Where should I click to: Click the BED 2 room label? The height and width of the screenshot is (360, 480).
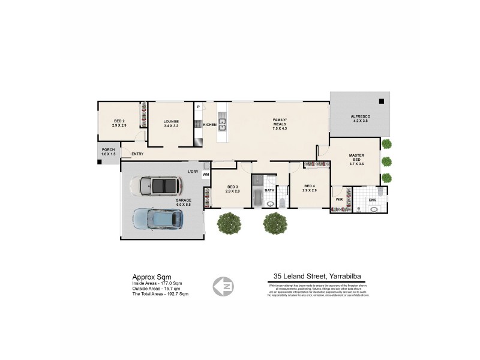(x=120, y=124)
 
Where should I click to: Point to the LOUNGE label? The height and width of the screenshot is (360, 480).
(x=172, y=124)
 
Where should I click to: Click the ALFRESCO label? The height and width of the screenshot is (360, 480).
(x=360, y=118)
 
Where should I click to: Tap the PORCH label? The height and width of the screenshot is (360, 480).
(x=109, y=152)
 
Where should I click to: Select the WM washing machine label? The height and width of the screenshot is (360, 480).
(x=205, y=175)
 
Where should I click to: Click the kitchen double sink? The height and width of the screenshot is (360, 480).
(x=223, y=125)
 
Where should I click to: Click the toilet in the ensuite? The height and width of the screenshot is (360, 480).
(x=374, y=209)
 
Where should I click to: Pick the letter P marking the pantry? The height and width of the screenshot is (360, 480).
(x=198, y=107)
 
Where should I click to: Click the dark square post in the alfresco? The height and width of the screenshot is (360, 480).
(x=380, y=101)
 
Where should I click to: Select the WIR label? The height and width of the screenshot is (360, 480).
(x=339, y=199)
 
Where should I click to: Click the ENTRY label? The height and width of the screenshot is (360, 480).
(x=137, y=154)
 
